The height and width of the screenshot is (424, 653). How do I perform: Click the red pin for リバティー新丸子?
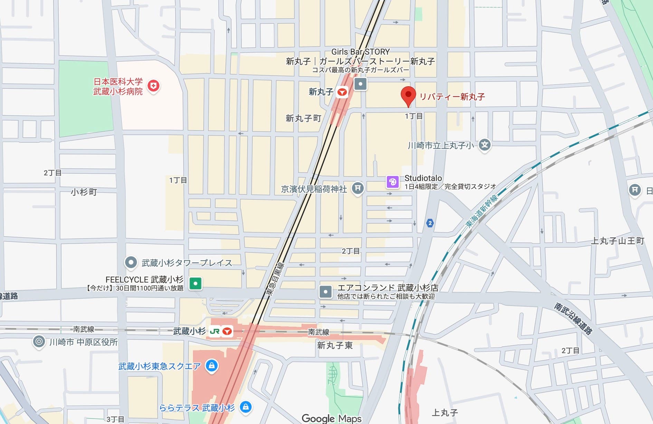[408, 95]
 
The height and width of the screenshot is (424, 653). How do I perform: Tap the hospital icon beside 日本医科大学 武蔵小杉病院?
[153, 86]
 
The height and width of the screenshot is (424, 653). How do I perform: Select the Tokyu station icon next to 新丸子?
[342, 92]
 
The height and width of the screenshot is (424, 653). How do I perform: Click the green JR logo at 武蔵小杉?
[215, 332]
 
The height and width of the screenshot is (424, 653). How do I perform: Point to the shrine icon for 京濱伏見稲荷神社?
[358, 188]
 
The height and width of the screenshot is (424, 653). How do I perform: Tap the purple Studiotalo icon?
[392, 181]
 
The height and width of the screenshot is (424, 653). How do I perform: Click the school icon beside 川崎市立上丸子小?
[485, 145]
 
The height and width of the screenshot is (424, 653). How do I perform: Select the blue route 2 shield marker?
[430, 223]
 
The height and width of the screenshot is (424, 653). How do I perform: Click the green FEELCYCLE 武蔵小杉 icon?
[196, 284]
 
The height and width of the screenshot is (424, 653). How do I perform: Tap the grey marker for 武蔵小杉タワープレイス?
[131, 263]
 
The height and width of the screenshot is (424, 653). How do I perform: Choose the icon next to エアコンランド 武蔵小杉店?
[325, 292]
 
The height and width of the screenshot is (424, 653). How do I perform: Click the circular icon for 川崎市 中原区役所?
[39, 342]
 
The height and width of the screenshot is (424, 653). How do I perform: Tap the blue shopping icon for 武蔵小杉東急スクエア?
[211, 365]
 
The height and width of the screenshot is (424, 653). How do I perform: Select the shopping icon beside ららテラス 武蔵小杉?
[246, 407]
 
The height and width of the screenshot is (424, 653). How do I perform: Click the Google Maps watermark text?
[331, 418]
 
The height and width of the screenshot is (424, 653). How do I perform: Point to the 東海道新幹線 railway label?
[482, 211]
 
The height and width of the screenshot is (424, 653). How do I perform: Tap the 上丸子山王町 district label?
[617, 241]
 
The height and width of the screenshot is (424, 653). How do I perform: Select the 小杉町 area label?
[84, 192]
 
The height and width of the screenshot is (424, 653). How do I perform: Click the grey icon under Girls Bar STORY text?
[360, 84]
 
